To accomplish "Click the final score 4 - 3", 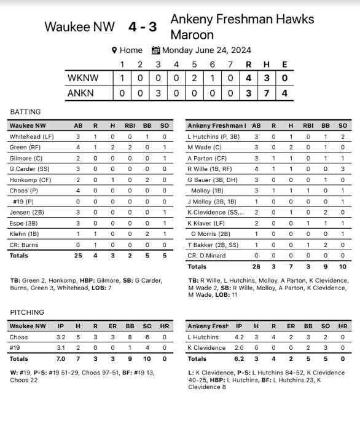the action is tap(143, 27).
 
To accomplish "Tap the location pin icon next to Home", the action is tap(114, 50).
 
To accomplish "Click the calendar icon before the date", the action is tap(155, 50).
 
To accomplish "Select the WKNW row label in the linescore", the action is tap(82, 78).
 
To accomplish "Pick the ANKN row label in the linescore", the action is tap(82, 93).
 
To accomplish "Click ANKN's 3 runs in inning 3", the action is tap(158, 93).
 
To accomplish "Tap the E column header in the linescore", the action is tap(284, 65).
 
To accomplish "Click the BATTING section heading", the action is tap(25, 112).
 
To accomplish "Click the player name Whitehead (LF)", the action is tap(31, 136).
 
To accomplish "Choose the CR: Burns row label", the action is tap(24, 244).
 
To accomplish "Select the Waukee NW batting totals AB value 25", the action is tap(78, 255).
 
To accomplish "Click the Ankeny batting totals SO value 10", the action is tap(343, 267).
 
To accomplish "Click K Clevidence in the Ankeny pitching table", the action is tap(207, 348).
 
